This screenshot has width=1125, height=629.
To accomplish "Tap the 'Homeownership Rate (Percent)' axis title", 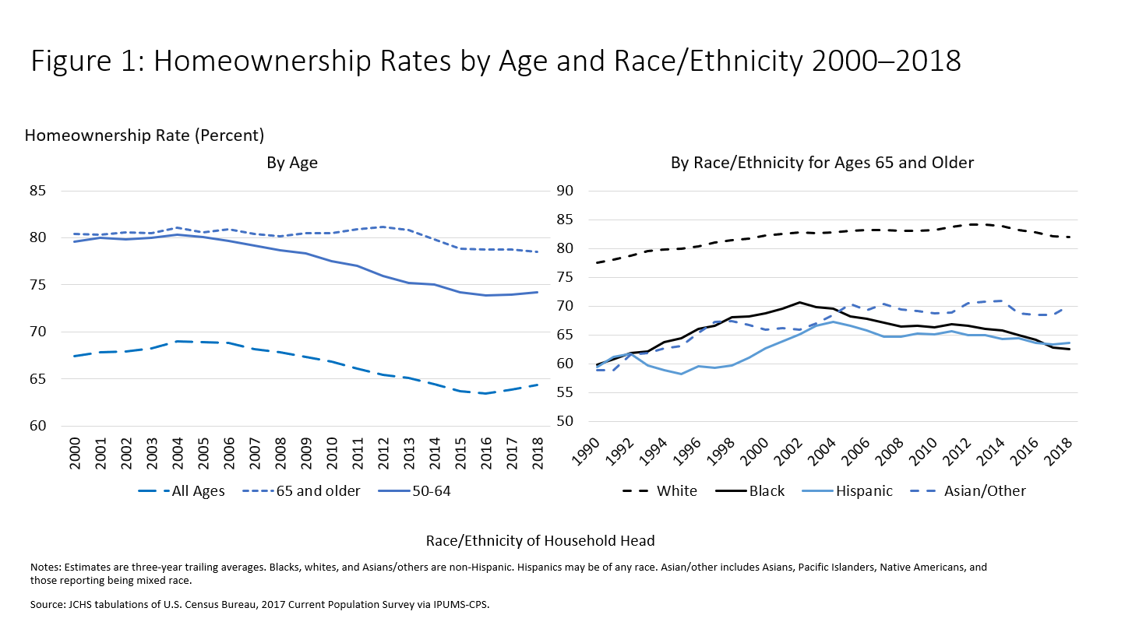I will click(145, 135).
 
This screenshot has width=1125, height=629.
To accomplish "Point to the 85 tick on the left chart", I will click(37, 191).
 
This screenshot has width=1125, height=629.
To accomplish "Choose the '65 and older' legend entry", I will click(321, 491).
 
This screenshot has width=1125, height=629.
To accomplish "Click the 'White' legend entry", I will click(676, 491).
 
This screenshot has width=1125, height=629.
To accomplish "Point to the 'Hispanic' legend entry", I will click(863, 491).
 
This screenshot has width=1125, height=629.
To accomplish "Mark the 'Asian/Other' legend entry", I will click(984, 491).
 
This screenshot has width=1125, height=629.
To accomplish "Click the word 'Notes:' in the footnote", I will click(46, 568).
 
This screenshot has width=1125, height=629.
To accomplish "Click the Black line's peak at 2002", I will click(799, 302).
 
